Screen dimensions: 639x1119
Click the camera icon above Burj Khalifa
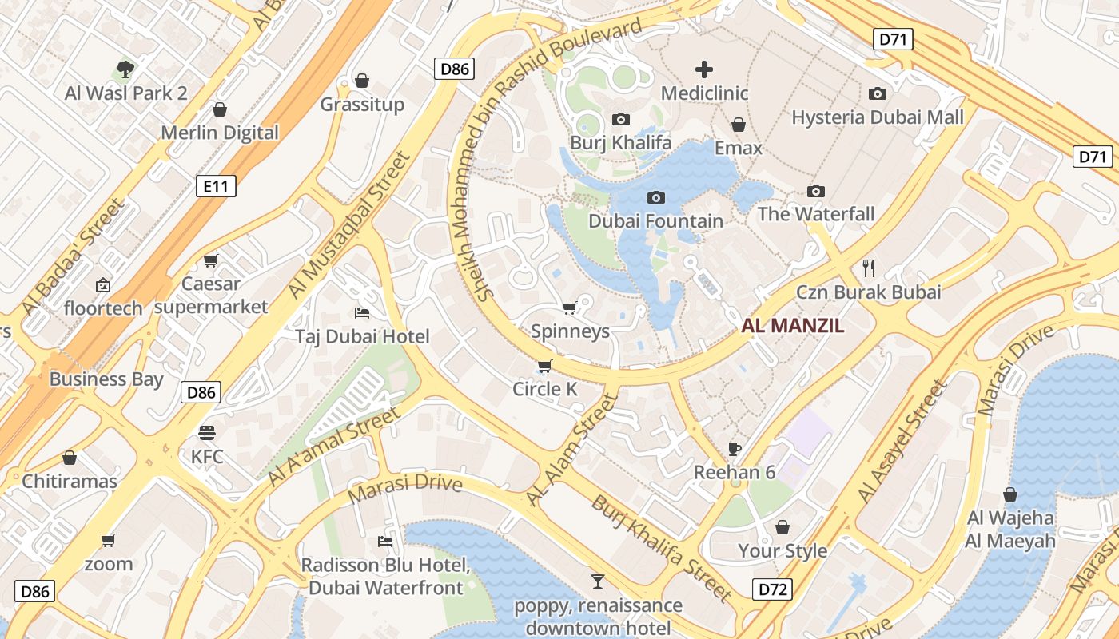[x=620, y=120]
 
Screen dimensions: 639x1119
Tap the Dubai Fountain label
[x=655, y=221]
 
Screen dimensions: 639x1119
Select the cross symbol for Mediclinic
[x=704, y=69]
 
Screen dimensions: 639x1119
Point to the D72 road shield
[x=773, y=590]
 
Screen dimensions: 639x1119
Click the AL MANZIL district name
[x=792, y=326]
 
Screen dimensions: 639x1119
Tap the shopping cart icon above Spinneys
[x=569, y=308]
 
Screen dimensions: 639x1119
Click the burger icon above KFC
[x=207, y=433]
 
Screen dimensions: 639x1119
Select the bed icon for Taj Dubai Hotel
[x=362, y=312]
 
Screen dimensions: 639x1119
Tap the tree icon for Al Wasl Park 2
[x=125, y=69]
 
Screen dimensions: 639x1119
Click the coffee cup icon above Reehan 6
[x=734, y=449]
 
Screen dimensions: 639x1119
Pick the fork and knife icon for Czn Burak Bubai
[x=869, y=268]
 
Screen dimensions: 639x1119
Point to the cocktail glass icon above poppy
[x=597, y=581]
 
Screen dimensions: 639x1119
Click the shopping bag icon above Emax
[x=739, y=125]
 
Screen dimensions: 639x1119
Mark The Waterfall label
[x=815, y=214]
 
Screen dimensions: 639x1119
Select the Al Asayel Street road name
[x=902, y=442]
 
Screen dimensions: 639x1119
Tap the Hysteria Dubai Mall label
[x=877, y=117]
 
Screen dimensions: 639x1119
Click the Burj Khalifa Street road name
[x=661, y=548]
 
